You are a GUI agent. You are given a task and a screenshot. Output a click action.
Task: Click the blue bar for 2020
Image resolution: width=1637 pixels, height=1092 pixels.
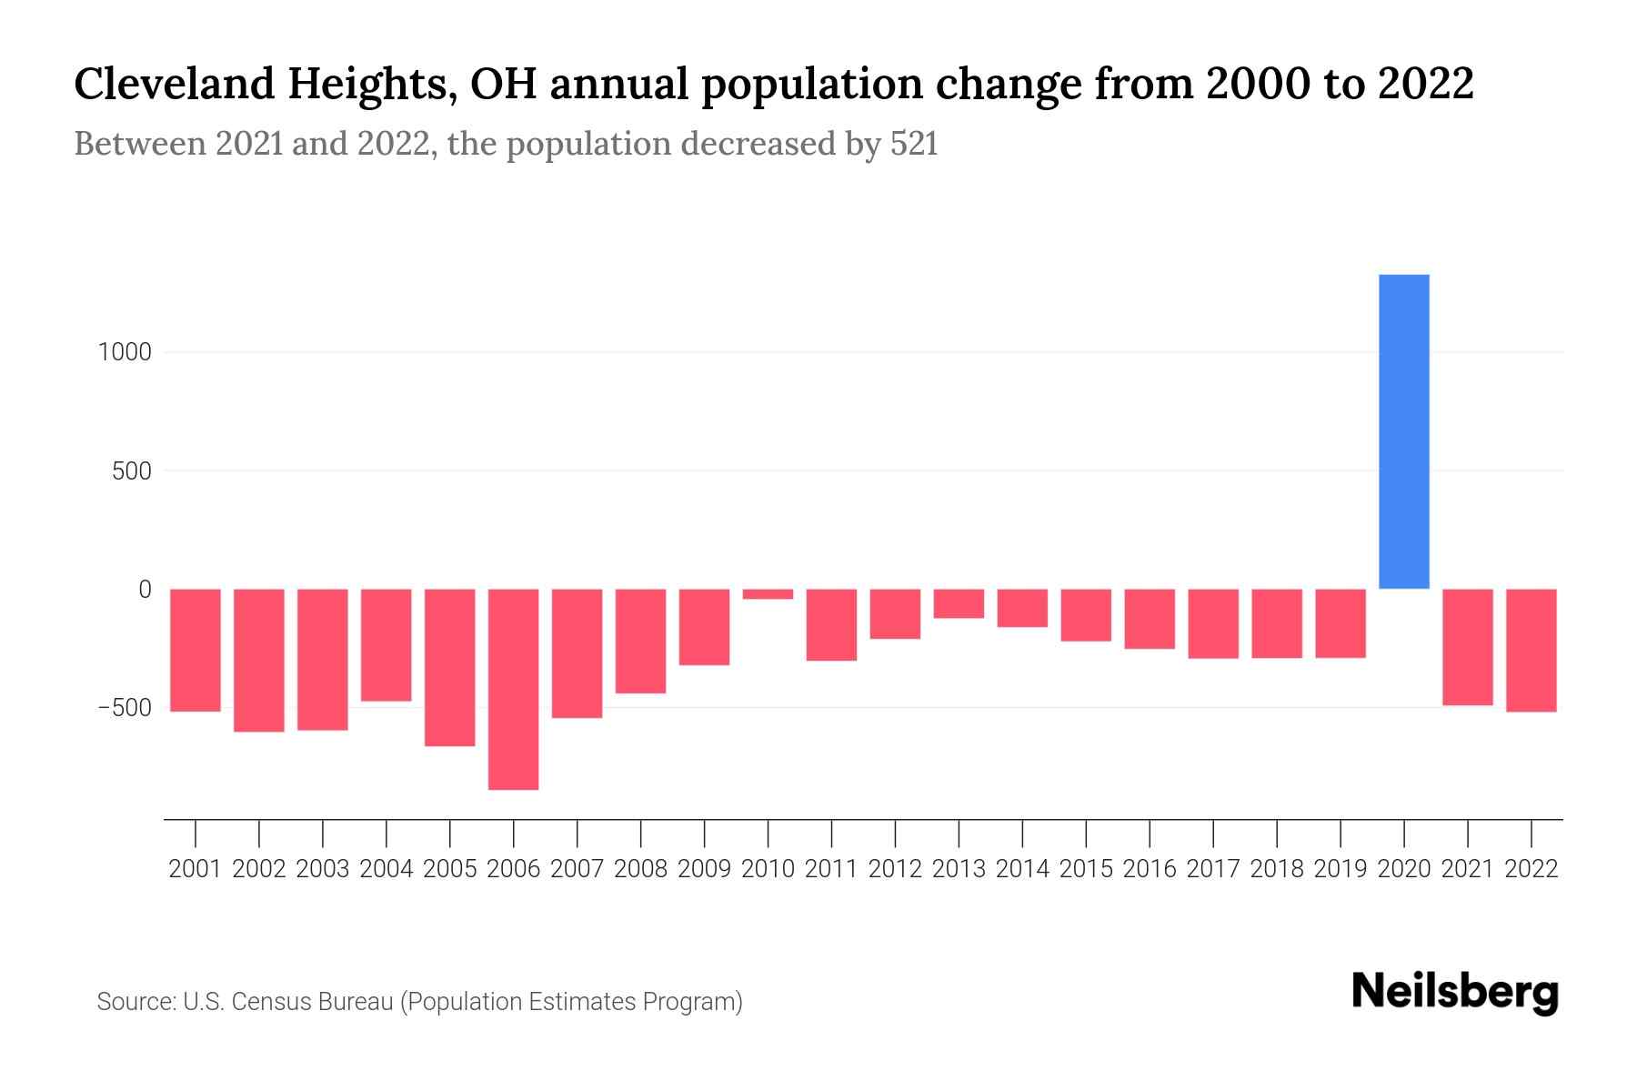point(1404,432)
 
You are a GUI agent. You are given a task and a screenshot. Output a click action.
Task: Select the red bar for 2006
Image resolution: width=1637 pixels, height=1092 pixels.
point(514,689)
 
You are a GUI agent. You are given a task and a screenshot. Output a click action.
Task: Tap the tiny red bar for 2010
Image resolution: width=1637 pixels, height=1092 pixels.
point(768,594)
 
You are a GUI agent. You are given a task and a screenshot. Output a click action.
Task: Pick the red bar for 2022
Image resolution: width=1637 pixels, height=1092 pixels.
point(1532,650)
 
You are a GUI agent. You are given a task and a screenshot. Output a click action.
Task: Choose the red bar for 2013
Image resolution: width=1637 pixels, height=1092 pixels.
point(959,603)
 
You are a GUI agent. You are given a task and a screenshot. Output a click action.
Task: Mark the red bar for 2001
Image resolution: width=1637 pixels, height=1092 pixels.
point(196,650)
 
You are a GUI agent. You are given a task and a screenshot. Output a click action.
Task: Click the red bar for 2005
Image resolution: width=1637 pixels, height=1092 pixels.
point(450,667)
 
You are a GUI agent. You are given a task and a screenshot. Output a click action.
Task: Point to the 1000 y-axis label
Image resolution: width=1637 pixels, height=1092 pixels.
point(125,352)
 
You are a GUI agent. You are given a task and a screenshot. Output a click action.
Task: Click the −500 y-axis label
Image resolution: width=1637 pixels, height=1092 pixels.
point(125,708)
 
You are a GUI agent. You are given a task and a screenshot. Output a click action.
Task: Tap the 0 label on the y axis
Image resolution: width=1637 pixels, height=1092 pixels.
point(145,590)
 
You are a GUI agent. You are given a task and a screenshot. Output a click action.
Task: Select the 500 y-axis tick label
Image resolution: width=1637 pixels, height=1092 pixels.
point(132,471)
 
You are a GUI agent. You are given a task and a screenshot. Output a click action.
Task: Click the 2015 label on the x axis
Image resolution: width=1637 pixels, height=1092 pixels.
point(1086,869)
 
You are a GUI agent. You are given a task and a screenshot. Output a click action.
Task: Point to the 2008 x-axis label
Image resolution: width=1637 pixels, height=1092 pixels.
point(641,869)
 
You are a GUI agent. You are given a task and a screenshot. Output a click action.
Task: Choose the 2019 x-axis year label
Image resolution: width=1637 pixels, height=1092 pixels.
point(1341,869)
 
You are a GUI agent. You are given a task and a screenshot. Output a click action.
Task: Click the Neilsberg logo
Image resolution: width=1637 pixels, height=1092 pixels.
point(1455,993)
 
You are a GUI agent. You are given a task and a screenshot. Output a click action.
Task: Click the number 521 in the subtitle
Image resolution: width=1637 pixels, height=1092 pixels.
point(914,144)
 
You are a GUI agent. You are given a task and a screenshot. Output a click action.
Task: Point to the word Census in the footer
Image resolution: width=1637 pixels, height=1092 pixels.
point(266,1002)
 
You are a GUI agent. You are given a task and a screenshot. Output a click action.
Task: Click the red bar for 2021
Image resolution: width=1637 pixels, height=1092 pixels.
point(1468,647)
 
